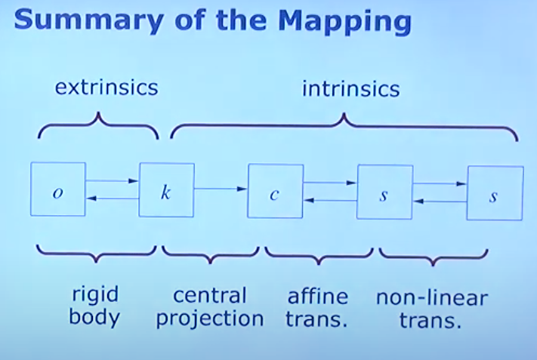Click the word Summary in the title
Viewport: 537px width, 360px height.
coord(88,20)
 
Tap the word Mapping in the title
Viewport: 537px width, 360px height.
coord(344,21)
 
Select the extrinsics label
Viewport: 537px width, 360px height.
coord(106,88)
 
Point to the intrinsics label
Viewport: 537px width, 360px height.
coord(350,89)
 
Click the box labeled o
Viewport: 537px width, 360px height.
coord(58,189)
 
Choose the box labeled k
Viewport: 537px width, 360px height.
coord(166,190)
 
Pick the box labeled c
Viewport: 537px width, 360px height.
coord(276,191)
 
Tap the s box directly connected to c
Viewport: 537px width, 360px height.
coord(384,192)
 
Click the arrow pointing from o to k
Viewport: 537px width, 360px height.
coord(112,180)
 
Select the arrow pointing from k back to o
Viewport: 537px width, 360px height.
coord(113,198)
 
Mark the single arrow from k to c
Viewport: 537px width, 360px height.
coord(221,189)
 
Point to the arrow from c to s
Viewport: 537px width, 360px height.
coord(330,183)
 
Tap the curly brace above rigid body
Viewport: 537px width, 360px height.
coord(96,254)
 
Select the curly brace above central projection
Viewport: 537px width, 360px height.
coord(210,255)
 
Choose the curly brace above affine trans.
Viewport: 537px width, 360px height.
coord(319,256)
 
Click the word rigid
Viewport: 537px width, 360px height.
coord(95,294)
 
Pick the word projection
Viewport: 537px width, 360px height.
coord(210,319)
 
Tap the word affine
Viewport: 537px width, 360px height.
coord(318,297)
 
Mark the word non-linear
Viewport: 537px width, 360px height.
coord(432,297)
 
